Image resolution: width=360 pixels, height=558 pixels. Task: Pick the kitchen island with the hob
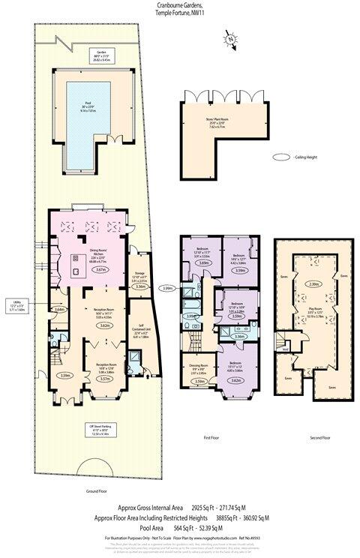[77, 262]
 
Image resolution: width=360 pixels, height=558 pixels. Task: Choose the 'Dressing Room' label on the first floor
[199, 365]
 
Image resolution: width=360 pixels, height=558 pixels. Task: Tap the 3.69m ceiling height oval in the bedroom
[201, 263]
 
